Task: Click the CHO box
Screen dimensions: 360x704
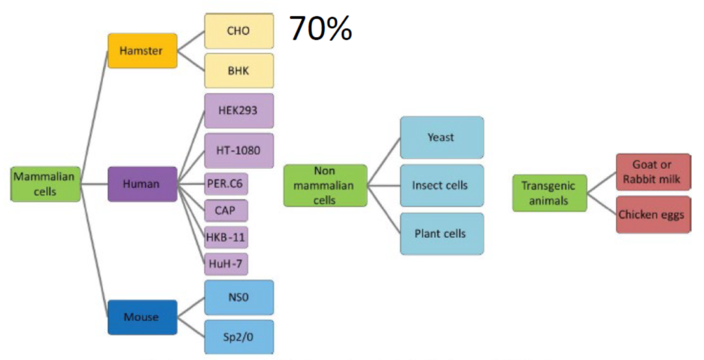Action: pyautogui.click(x=239, y=31)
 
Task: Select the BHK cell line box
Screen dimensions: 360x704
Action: pyautogui.click(x=239, y=70)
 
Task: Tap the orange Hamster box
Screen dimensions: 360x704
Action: pyautogui.click(x=142, y=50)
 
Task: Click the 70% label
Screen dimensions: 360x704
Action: pyautogui.click(x=320, y=28)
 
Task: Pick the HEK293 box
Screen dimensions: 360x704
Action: pyautogui.click(x=239, y=110)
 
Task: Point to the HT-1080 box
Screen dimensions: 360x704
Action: pyautogui.click(x=239, y=150)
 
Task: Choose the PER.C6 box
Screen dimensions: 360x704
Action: pyautogui.click(x=226, y=184)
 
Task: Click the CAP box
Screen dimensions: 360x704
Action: pyautogui.click(x=226, y=211)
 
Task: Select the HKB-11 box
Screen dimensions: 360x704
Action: pyautogui.click(x=226, y=237)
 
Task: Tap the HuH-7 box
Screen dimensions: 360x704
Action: pyautogui.click(x=226, y=263)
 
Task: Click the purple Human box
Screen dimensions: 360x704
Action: pyautogui.click(x=142, y=184)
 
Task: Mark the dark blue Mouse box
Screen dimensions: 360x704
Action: pyautogui.click(x=142, y=317)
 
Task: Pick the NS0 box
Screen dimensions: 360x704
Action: pyautogui.click(x=239, y=297)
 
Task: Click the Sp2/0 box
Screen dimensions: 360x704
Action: pyautogui.click(x=239, y=337)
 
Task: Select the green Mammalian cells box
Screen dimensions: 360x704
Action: pyautogui.click(x=45, y=183)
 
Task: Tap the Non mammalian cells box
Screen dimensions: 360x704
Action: pyautogui.click(x=325, y=185)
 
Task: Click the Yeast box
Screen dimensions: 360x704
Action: pyautogui.click(x=441, y=138)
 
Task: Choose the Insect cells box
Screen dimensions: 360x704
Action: pyautogui.click(x=441, y=185)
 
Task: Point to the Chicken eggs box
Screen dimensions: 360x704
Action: pyautogui.click(x=652, y=214)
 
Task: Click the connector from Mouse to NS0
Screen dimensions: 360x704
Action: pyautogui.click(x=191, y=307)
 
